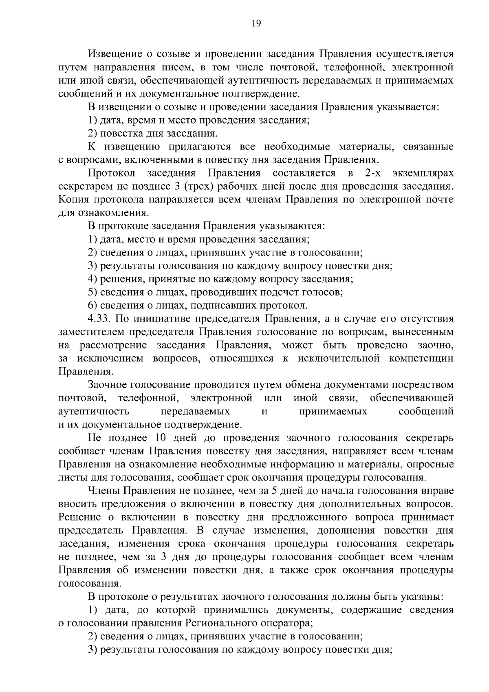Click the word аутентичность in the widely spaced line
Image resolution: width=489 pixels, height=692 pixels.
pyautogui.click(x=94, y=411)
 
